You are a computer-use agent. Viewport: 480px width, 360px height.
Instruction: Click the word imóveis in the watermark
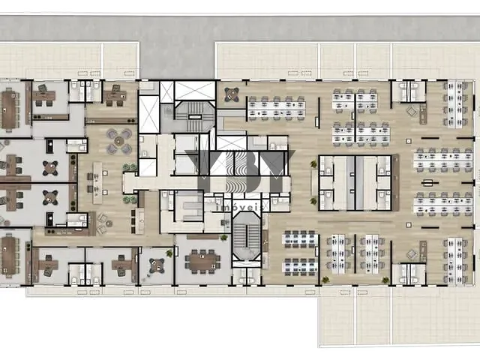click(x=239, y=207)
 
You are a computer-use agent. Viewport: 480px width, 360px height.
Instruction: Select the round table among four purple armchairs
click(x=119, y=140)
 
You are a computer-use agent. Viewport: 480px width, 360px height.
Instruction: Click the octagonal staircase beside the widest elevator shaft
click(x=194, y=117)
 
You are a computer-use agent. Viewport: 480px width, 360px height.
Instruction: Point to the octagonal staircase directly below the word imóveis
click(x=247, y=236)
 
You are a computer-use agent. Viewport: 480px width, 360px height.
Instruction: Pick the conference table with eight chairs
click(x=202, y=262)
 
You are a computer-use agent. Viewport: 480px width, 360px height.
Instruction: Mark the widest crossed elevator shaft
click(x=195, y=91)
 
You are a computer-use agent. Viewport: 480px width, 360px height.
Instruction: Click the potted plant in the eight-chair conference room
click(x=224, y=238)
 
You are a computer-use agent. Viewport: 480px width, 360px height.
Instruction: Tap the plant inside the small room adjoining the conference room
click(x=169, y=253)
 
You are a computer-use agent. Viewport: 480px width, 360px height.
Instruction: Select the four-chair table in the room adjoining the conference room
click(x=157, y=265)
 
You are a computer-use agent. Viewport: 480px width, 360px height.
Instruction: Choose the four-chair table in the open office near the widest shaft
click(x=232, y=94)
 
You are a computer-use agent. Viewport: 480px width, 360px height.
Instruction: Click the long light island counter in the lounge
click(x=97, y=183)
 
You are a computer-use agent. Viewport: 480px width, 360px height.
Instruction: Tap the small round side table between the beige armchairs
click(x=109, y=223)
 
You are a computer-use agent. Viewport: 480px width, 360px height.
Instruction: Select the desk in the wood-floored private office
click(x=115, y=96)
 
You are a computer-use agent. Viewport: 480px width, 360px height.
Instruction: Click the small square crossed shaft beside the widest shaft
click(x=166, y=91)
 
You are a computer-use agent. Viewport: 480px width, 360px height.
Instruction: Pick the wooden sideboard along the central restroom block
click(x=395, y=183)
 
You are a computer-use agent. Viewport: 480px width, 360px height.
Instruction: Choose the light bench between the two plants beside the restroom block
click(x=314, y=182)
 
